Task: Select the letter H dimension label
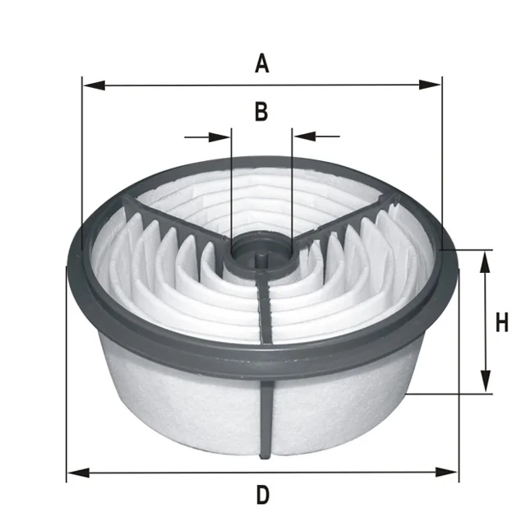click(x=502, y=322)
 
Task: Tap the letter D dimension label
click(x=263, y=495)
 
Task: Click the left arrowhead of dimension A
click(x=95, y=85)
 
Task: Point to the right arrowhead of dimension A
click(x=430, y=85)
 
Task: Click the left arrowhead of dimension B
click(x=219, y=137)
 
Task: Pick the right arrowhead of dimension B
click(x=304, y=136)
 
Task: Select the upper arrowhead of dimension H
click(x=485, y=262)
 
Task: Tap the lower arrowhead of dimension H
click(x=486, y=381)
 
